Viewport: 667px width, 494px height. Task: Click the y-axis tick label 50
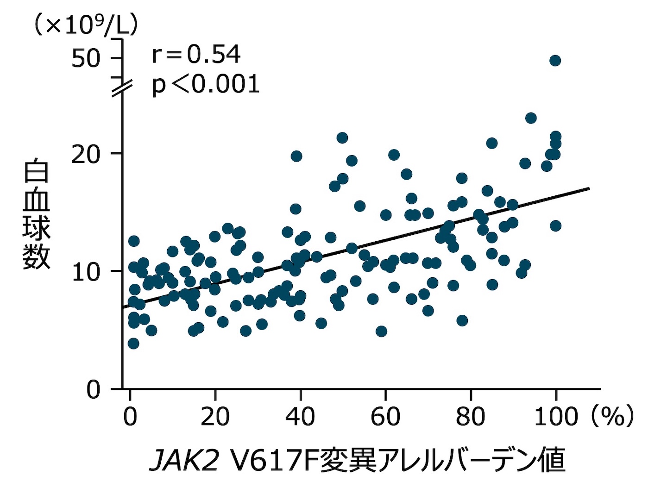86,58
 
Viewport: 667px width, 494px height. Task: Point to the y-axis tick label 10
86,272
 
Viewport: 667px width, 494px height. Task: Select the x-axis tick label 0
130,417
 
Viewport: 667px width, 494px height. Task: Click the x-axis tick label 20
215,417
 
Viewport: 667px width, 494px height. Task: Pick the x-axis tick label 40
300,417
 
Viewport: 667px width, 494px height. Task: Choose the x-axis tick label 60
385,417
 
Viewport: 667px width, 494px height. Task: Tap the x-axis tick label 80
470,417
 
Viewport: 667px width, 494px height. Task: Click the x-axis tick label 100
556,417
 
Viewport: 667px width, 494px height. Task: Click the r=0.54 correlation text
196,55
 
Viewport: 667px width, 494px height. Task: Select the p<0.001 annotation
206,85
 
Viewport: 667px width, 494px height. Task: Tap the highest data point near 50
555,61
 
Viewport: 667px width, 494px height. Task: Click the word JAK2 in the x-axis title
184,461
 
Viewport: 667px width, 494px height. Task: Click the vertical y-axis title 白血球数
36,214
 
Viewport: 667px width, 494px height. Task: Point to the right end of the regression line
589,188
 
